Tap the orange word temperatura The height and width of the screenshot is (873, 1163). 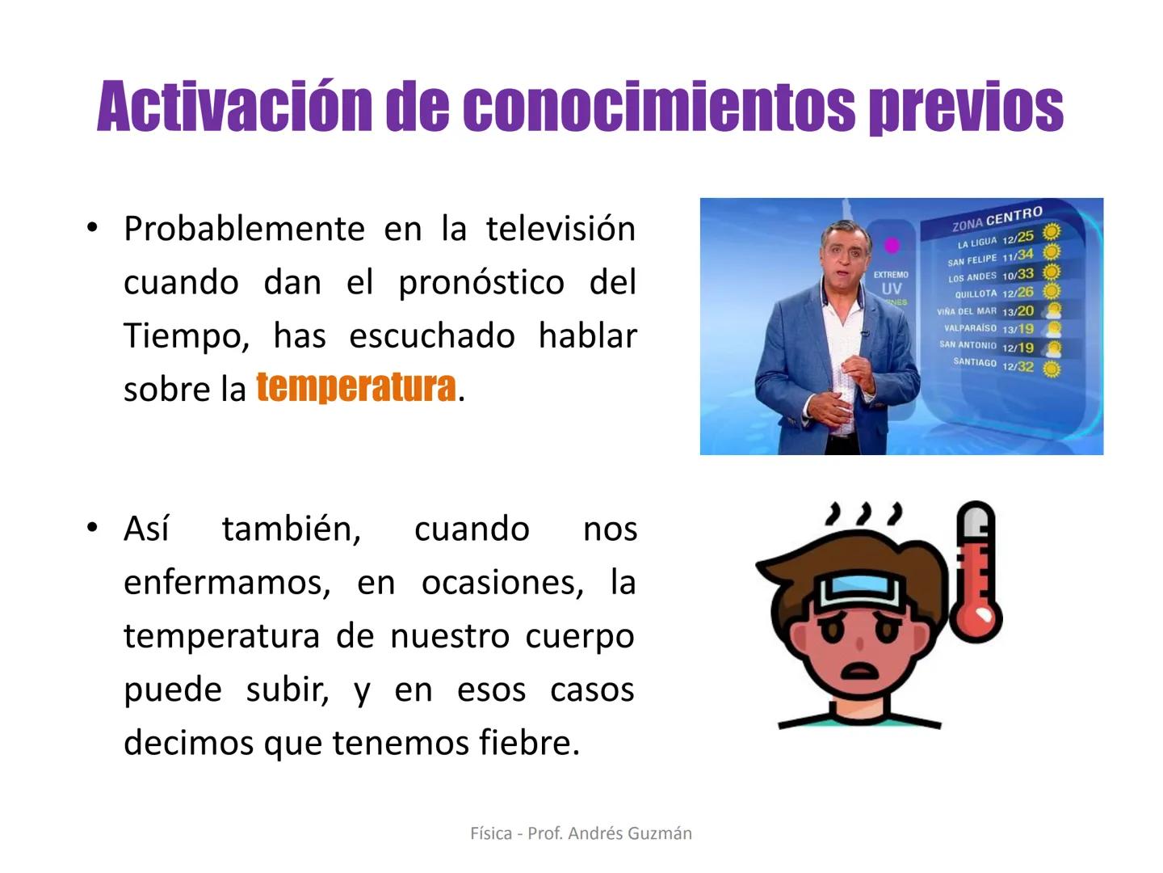coord(356,387)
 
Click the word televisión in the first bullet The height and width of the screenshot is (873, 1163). coord(561,229)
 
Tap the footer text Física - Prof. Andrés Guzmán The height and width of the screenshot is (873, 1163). coord(581,833)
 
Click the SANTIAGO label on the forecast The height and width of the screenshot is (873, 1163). coord(974,362)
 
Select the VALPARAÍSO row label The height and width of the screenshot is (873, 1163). coord(970,328)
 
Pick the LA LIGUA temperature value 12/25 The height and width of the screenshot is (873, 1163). coord(1018,238)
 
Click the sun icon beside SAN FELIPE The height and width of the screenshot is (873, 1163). coord(1051,252)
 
